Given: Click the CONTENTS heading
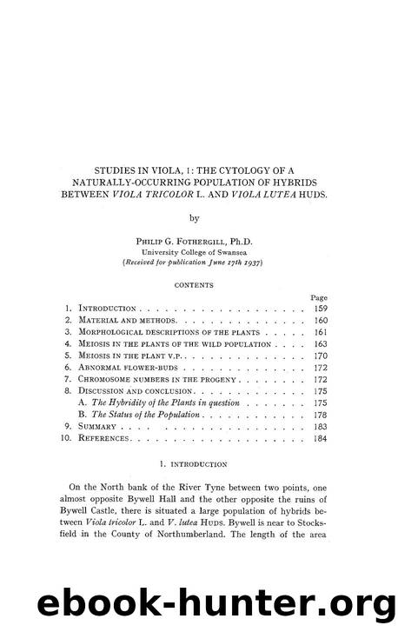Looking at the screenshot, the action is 199,284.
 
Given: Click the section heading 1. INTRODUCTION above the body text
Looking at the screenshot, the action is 199,465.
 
